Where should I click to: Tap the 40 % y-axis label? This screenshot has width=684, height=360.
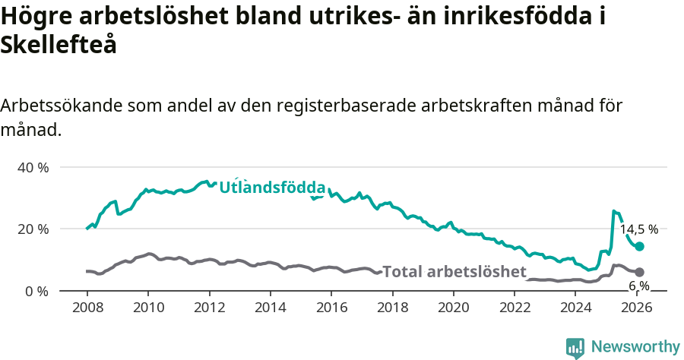33,167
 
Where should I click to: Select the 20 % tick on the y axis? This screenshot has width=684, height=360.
33,229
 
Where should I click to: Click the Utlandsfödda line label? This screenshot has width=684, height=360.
272,188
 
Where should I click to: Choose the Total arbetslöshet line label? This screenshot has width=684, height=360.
454,272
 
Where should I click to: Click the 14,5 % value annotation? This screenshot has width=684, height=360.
639,229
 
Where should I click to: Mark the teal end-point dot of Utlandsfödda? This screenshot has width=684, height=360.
640,246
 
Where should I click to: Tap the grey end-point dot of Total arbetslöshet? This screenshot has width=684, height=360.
640,272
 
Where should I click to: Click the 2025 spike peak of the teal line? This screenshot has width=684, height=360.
614,211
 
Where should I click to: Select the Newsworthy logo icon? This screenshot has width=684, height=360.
575,347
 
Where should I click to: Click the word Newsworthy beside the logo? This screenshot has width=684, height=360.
635,347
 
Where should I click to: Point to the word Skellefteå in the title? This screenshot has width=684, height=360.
59,46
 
